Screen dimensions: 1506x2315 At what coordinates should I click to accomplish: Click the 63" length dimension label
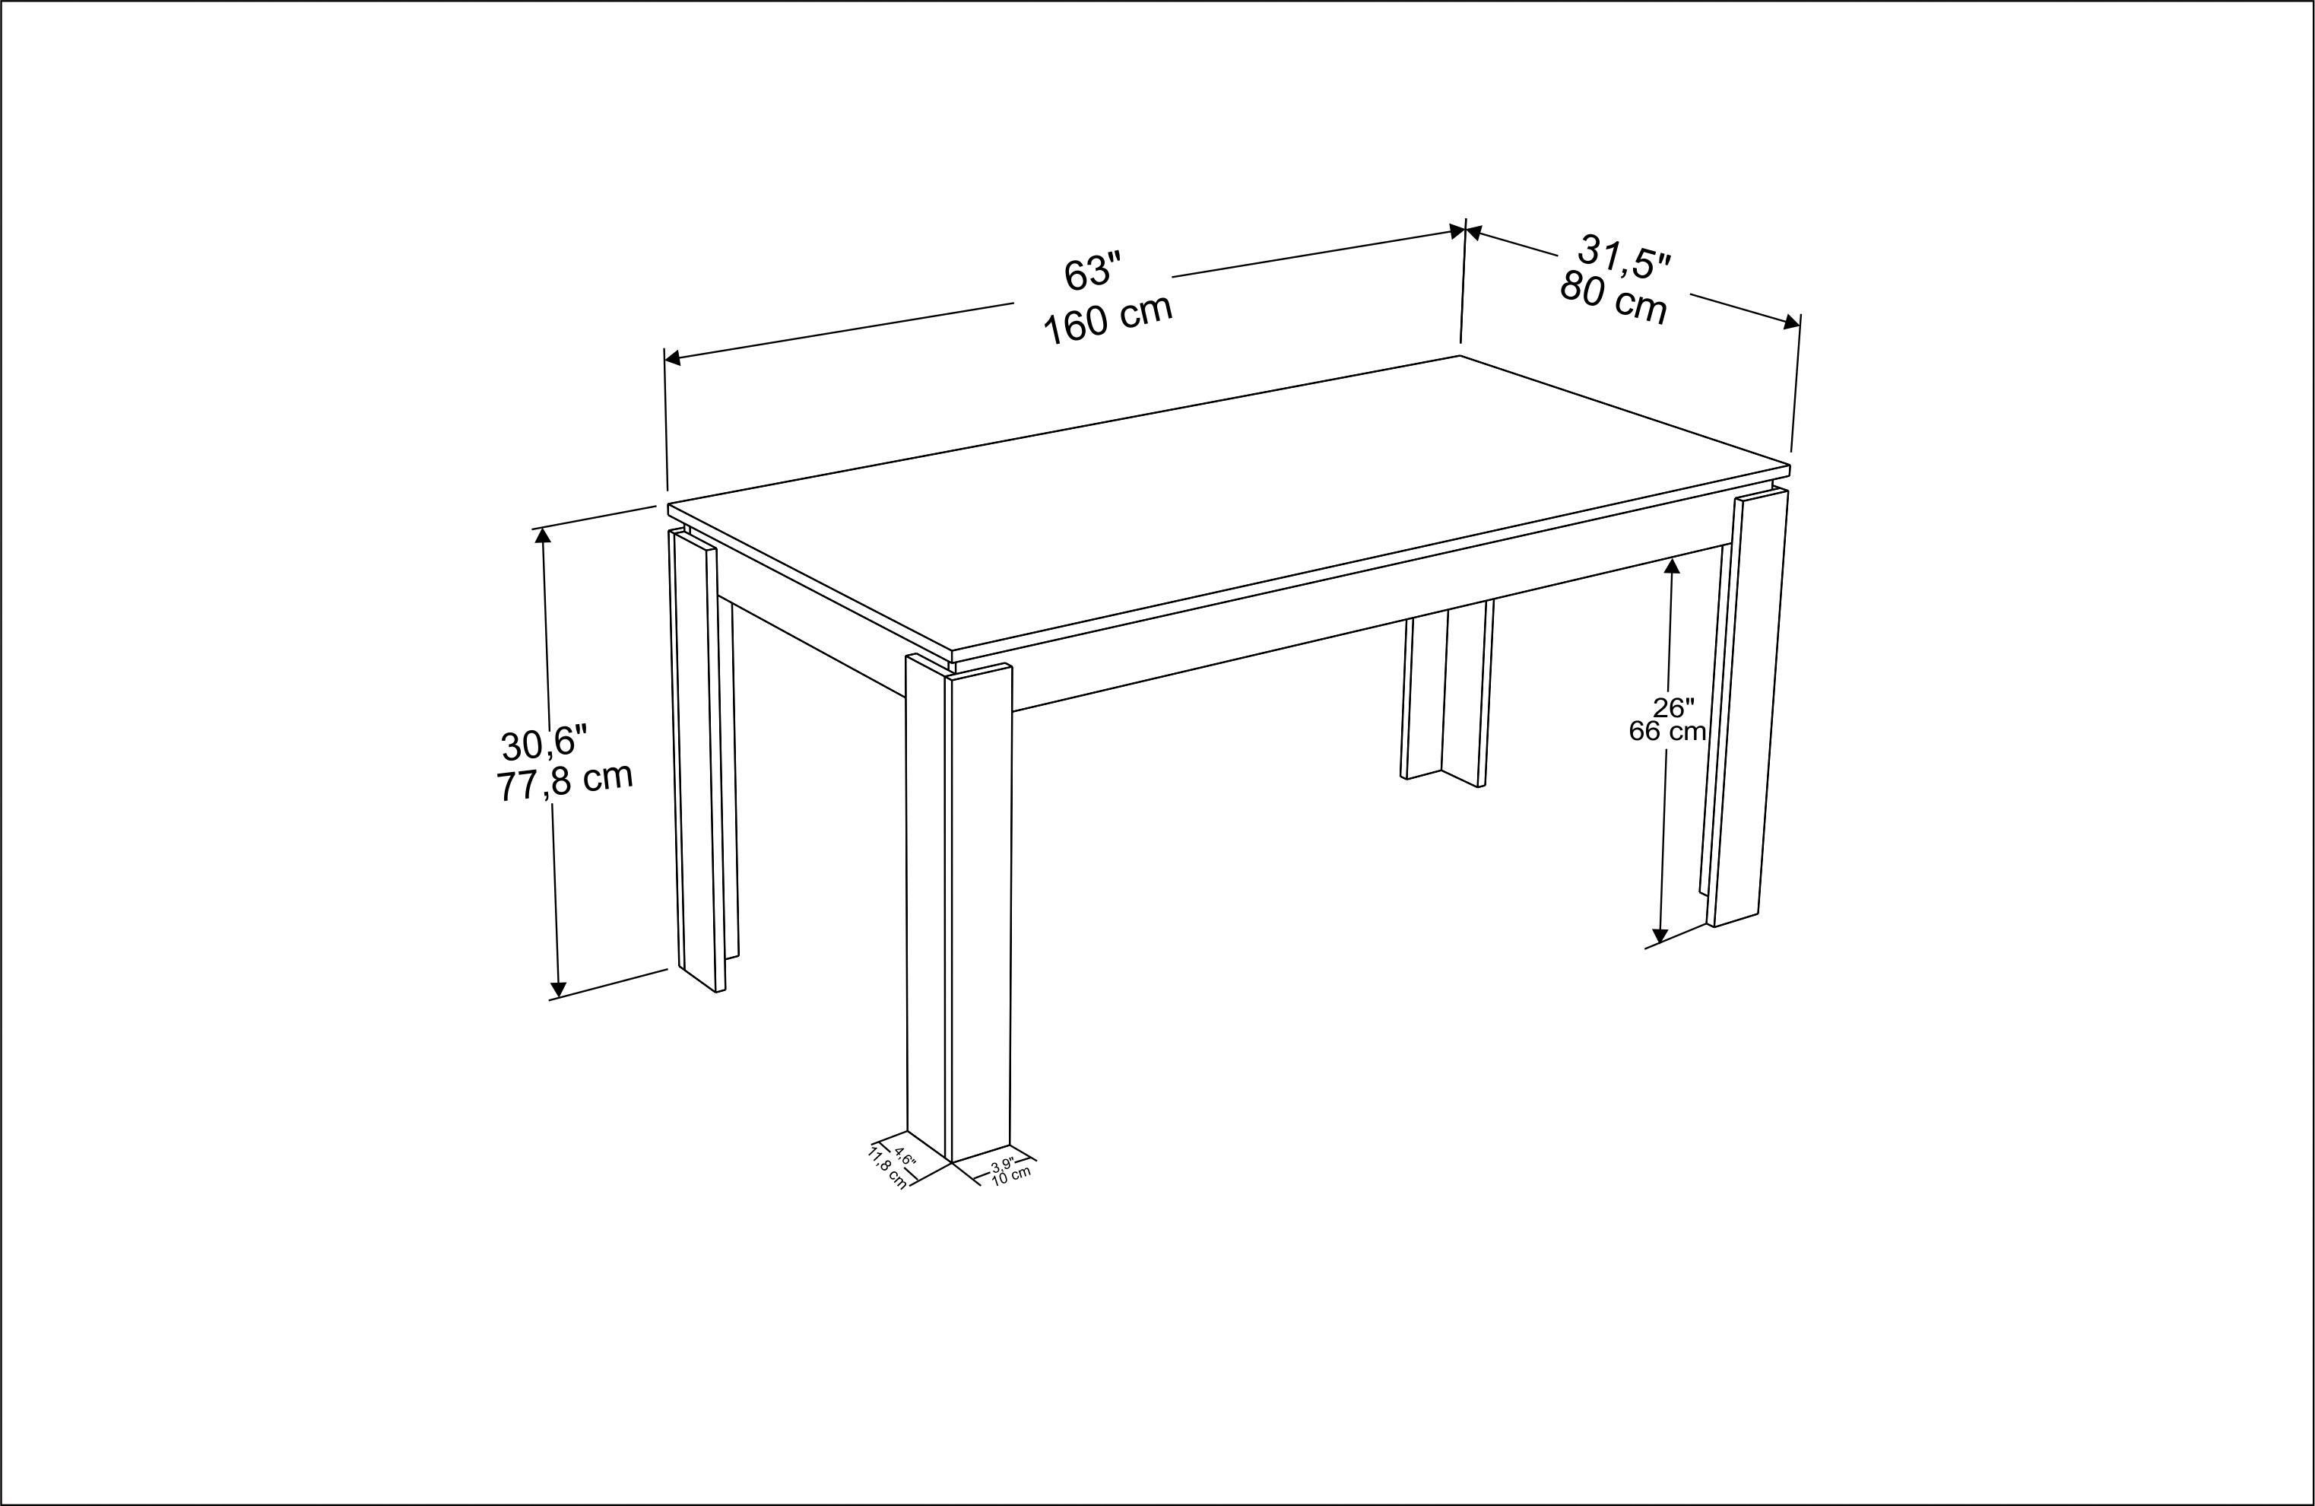point(1092,272)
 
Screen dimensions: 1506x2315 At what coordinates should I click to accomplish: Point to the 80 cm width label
point(1614,297)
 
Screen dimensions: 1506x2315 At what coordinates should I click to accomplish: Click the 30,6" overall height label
point(544,742)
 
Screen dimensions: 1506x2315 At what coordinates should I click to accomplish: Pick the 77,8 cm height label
point(564,781)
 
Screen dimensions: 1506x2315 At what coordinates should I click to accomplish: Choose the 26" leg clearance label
point(1673,707)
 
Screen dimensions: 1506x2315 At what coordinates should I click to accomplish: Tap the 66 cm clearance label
point(1667,731)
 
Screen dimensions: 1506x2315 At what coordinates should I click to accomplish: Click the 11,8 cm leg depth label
point(888,1168)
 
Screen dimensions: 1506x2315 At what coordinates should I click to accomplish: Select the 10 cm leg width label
point(1010,1174)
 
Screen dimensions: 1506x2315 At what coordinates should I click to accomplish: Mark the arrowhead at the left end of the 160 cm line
point(672,359)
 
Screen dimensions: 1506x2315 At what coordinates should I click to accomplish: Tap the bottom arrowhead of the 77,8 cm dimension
point(557,990)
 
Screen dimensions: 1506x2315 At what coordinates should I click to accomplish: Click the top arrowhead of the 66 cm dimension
point(1672,565)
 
